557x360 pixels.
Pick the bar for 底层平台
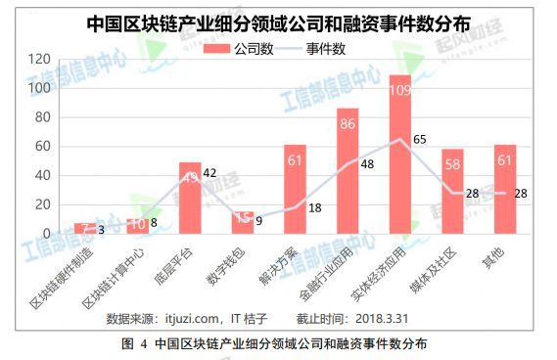coord(190,199)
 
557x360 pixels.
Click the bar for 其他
coord(505,190)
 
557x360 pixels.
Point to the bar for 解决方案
coord(295,190)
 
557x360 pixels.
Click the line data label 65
coord(420,140)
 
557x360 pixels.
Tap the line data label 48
coord(368,164)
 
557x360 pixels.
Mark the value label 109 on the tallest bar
coord(399,89)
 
